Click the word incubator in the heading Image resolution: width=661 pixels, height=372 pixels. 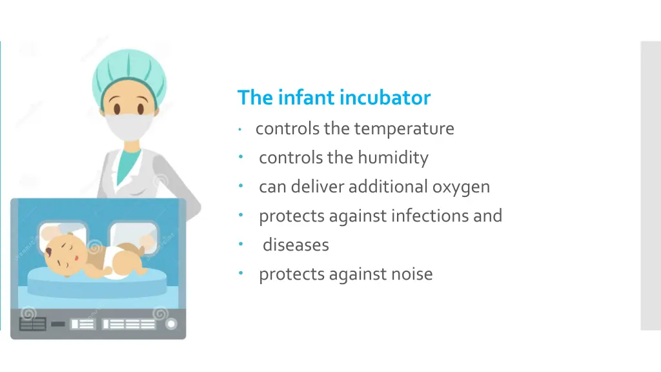pos(385,98)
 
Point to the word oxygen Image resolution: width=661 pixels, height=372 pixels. pos(461,187)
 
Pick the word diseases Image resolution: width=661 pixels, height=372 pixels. pos(296,245)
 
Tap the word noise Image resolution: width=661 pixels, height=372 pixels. pos(412,274)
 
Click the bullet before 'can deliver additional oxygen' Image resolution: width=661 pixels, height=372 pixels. pos(239,186)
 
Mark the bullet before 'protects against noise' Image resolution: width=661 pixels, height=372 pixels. pos(239,273)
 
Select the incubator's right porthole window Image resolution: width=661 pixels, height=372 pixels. pos(133,236)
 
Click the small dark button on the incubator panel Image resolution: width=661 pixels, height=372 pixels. pos(58,324)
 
